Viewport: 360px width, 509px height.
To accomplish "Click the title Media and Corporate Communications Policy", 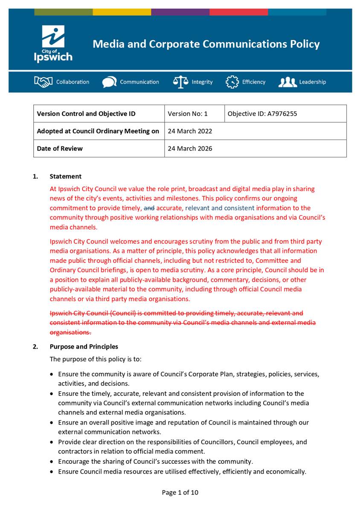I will [x=206, y=44].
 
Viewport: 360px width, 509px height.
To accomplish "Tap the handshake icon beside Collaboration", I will [x=43, y=82].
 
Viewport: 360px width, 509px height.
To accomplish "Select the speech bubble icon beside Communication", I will [x=109, y=82].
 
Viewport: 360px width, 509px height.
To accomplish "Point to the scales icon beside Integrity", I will [x=180, y=82].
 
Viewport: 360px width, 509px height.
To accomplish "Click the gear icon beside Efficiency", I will [x=232, y=82].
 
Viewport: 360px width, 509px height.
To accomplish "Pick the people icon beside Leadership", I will [x=287, y=82].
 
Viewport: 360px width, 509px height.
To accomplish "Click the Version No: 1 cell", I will [x=188, y=114].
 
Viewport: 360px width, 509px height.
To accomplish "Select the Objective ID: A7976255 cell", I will [x=262, y=114].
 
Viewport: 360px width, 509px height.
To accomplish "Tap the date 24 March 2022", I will [x=190, y=131].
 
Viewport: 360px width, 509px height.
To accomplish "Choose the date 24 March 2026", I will [x=190, y=149].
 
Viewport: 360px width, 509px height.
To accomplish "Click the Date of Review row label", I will [x=60, y=149].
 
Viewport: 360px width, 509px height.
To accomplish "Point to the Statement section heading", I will [x=65, y=177].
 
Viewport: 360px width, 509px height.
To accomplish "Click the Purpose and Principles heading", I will [x=84, y=347].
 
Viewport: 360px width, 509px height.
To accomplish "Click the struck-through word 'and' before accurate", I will [x=149, y=208].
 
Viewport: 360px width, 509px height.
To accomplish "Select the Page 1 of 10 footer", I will [x=180, y=493].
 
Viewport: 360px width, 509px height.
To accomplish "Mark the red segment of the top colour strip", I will [x=238, y=12].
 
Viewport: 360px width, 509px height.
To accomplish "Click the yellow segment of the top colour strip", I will [x=122, y=12].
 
